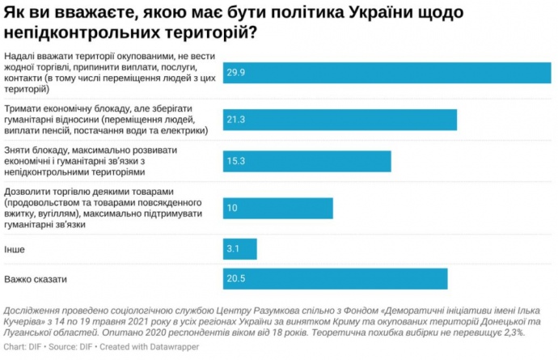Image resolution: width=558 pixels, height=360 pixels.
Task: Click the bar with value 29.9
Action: point(387,72)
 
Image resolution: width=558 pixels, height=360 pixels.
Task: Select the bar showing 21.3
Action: point(340,120)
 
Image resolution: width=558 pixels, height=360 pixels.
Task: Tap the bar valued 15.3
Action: point(306,161)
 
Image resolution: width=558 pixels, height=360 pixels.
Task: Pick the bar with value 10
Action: point(277,208)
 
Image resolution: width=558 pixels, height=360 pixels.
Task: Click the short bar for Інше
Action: point(239,248)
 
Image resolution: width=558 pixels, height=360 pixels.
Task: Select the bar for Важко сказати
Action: point(335,278)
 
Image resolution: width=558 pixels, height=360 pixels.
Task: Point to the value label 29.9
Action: point(236,72)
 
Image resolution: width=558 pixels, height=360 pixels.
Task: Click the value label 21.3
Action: point(236,120)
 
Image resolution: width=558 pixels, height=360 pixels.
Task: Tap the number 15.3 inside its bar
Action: point(236,161)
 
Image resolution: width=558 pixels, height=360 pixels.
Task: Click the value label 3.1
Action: point(234,248)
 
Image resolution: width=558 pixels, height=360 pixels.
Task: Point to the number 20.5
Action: point(236,278)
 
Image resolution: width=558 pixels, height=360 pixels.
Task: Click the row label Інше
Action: point(14,248)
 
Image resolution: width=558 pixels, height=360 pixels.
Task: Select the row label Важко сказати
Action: point(36,279)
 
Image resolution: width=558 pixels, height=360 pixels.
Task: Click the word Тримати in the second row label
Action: point(25,108)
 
